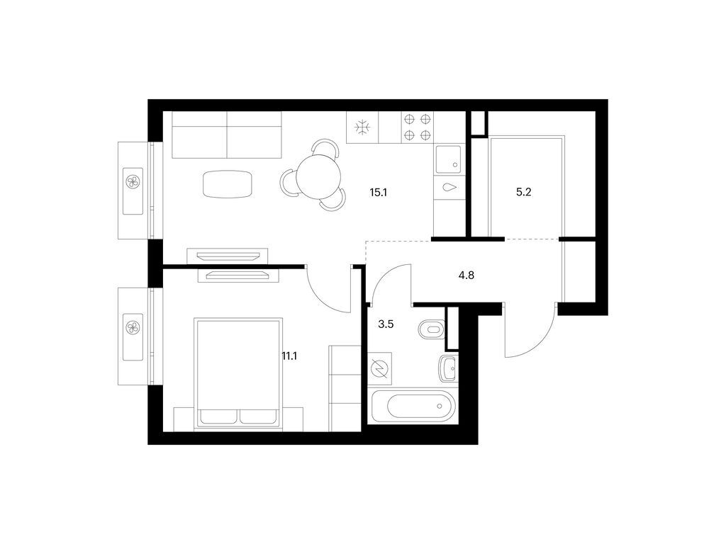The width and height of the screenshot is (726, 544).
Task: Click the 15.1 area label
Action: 378,192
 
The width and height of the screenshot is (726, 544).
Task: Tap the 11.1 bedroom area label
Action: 289,356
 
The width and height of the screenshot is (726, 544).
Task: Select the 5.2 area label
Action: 524,192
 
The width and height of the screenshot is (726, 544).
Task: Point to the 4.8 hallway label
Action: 467,276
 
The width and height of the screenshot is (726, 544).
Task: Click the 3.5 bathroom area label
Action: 386,324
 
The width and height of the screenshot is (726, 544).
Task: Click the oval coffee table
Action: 228,183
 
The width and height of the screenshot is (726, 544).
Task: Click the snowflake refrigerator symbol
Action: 362,127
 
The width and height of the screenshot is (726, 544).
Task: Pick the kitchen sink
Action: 448,159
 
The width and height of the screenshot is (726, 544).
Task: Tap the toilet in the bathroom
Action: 431,330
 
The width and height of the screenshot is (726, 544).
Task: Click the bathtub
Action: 413,406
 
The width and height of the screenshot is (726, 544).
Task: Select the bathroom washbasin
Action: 448,368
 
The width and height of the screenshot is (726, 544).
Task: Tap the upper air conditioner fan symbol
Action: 133,181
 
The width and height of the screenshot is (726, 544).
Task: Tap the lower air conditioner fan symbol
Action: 133,327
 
